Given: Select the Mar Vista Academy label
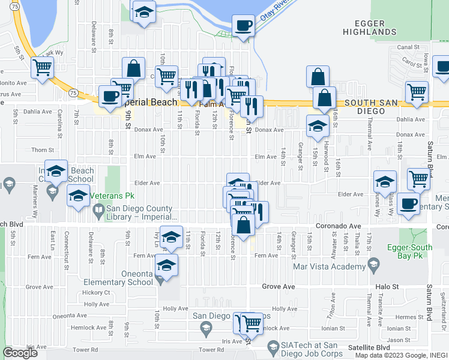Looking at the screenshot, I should pos(330,266).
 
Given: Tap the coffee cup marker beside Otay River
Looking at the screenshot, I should pos(243,26).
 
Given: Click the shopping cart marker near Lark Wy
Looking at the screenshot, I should pos(42,67).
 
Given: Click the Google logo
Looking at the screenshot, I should pos(20,353).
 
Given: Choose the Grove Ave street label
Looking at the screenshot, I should pos(279,287).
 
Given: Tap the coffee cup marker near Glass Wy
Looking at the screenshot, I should pos(409,204).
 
